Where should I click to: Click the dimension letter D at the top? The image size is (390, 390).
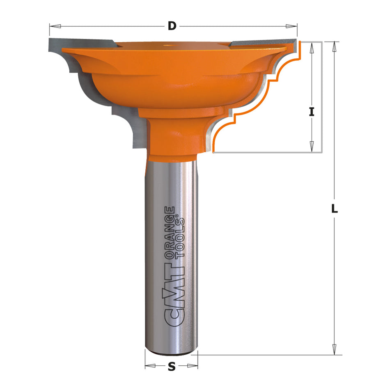(172, 26)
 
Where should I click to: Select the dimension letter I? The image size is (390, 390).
(312, 111)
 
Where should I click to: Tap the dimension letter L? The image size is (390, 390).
(335, 209)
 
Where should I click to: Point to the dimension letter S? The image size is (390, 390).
(172, 367)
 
